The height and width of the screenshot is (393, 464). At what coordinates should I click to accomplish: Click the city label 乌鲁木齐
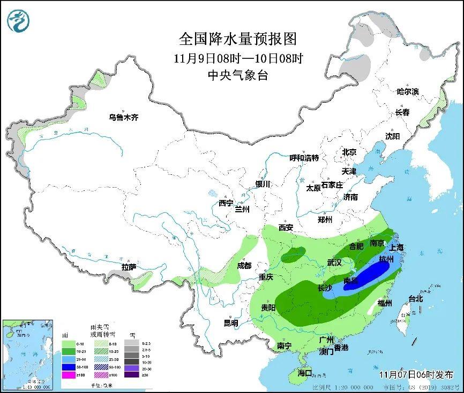click(x=123, y=118)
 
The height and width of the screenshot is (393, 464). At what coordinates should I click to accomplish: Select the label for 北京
click(x=349, y=152)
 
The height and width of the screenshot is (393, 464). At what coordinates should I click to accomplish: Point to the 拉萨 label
click(x=129, y=267)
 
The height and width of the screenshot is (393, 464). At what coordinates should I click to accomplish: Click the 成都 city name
click(x=244, y=265)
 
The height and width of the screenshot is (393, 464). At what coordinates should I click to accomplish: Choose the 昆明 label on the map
click(x=231, y=322)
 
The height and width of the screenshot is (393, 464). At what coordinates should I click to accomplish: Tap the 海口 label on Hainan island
click(x=304, y=372)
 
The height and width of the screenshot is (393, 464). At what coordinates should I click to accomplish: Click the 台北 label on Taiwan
click(x=416, y=298)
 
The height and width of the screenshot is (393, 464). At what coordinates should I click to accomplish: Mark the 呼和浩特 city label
click(x=304, y=158)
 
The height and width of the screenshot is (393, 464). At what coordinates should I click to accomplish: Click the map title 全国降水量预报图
click(x=237, y=39)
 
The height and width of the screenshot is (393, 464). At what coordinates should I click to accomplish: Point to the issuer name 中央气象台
click(x=237, y=75)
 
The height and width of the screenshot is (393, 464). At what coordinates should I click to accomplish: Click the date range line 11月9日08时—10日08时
click(x=237, y=58)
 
